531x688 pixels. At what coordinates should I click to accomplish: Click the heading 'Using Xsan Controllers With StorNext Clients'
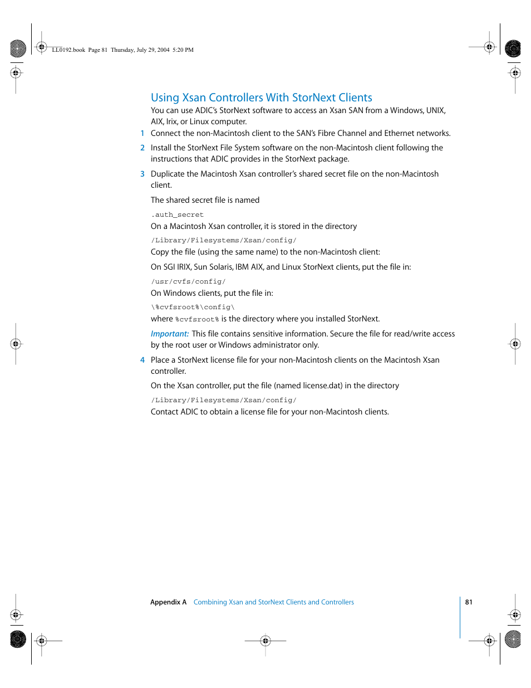(261, 97)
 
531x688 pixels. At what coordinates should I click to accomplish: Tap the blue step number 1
(142, 133)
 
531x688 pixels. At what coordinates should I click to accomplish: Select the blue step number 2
(142, 148)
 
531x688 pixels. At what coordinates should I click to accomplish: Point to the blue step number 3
(142, 174)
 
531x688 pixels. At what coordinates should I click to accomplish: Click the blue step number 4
(142, 360)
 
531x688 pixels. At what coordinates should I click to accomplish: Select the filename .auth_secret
(177, 214)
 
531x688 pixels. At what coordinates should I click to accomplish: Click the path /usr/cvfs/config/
(188, 281)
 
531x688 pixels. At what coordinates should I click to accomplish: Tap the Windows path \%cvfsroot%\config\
(193, 307)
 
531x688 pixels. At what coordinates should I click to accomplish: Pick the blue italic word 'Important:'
(170, 334)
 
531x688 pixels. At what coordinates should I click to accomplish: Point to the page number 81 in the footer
(469, 602)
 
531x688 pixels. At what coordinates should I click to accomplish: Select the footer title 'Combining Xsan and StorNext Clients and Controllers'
(273, 602)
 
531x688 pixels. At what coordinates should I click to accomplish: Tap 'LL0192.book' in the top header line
(68, 50)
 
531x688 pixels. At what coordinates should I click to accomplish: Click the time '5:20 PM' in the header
(183, 50)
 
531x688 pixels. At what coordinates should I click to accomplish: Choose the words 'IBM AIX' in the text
(249, 267)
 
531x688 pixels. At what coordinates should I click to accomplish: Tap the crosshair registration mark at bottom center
(265, 641)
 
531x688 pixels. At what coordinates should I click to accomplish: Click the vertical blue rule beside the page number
(460, 617)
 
